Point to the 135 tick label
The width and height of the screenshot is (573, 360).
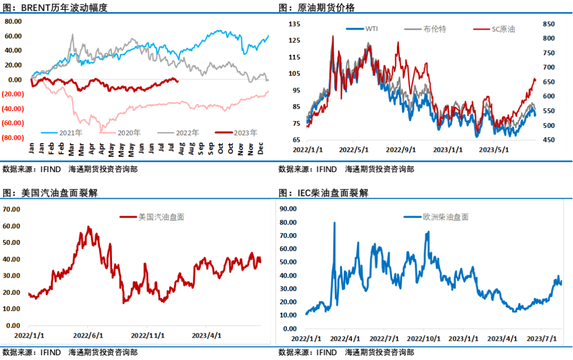tap(295, 24)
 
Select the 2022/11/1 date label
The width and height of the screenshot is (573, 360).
tap(147, 336)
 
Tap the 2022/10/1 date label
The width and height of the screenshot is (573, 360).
tap(424, 338)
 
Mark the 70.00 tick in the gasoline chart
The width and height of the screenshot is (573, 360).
tap(12, 209)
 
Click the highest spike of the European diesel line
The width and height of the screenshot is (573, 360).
tap(334, 222)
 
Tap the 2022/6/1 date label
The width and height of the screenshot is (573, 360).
tap(88, 336)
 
